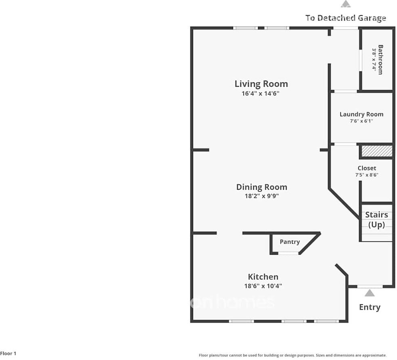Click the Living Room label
click(x=261, y=84)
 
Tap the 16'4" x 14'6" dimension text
click(x=260, y=93)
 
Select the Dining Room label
click(x=262, y=187)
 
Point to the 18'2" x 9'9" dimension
click(x=262, y=196)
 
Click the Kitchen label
click(x=263, y=277)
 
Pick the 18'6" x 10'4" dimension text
click(x=263, y=286)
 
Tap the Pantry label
click(x=290, y=242)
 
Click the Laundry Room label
click(x=361, y=114)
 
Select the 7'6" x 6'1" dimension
click(x=361, y=121)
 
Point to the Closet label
click(x=367, y=168)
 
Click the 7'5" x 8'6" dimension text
click(x=367, y=175)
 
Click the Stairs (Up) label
click(x=376, y=220)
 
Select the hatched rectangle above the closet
click(x=377, y=151)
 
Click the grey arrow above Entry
click(x=370, y=293)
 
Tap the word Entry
click(x=370, y=307)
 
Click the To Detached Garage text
click(x=346, y=18)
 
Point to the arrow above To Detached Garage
click(x=346, y=4)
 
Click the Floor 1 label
click(x=8, y=354)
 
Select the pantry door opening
click(x=288, y=253)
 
